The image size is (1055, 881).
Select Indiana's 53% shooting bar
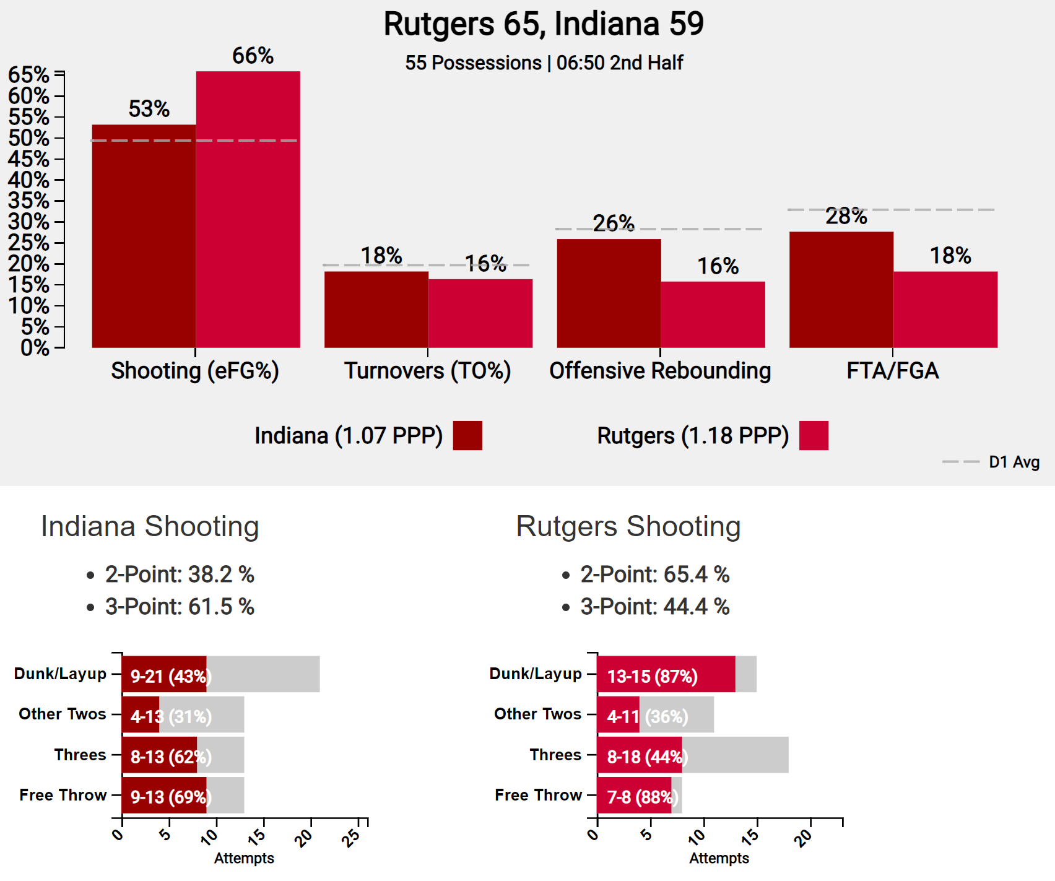click(144, 236)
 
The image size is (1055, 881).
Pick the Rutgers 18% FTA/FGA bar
click(945, 309)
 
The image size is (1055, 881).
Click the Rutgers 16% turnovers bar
click(480, 313)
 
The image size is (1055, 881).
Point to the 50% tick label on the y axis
click(28, 138)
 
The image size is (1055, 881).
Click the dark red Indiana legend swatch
click(467, 435)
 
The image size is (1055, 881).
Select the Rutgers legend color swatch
click(814, 435)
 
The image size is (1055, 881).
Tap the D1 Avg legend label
click(1014, 462)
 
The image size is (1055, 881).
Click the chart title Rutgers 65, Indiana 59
click(544, 24)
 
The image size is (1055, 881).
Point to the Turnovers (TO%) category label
click(427, 371)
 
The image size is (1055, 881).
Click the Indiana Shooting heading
click(150, 526)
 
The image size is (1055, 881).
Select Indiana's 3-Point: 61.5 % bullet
click(180, 607)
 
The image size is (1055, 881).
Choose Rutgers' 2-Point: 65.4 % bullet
click(655, 575)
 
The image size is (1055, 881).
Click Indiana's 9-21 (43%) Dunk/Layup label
click(171, 675)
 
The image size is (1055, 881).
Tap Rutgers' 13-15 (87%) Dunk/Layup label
click(653, 675)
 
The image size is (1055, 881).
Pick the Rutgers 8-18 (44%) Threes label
click(647, 757)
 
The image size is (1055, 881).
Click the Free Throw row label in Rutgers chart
click(538, 795)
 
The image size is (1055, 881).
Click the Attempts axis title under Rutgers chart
click(719, 858)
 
